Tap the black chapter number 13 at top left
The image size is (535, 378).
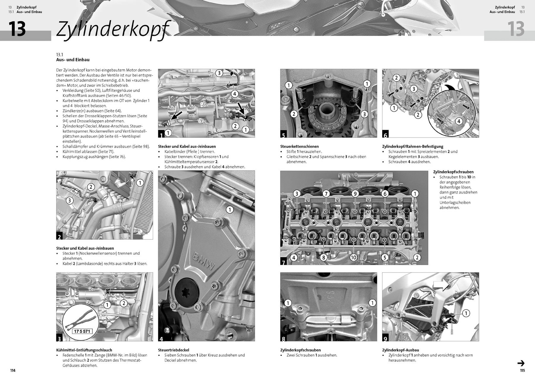coord(17,29)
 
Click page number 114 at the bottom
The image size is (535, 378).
coord(13,370)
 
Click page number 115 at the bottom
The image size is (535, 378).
coord(522,370)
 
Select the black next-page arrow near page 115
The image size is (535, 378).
coord(521,363)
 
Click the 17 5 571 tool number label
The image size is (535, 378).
coord(82,331)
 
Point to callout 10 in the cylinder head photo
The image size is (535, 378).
coord(353,257)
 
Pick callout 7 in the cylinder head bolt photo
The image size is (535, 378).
coord(326,194)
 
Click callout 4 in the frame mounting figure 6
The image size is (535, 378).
coord(459,121)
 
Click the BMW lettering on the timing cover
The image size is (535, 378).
coord(204,261)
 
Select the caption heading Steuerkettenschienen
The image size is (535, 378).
coord(299,147)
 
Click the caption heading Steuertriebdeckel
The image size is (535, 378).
coord(173,350)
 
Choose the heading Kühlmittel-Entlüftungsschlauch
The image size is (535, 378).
coord(84,350)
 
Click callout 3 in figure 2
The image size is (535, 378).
coord(70,200)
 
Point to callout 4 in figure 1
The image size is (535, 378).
coord(235,94)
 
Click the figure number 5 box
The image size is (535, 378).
coord(284,135)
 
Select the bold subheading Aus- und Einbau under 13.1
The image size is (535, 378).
coord(73,60)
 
